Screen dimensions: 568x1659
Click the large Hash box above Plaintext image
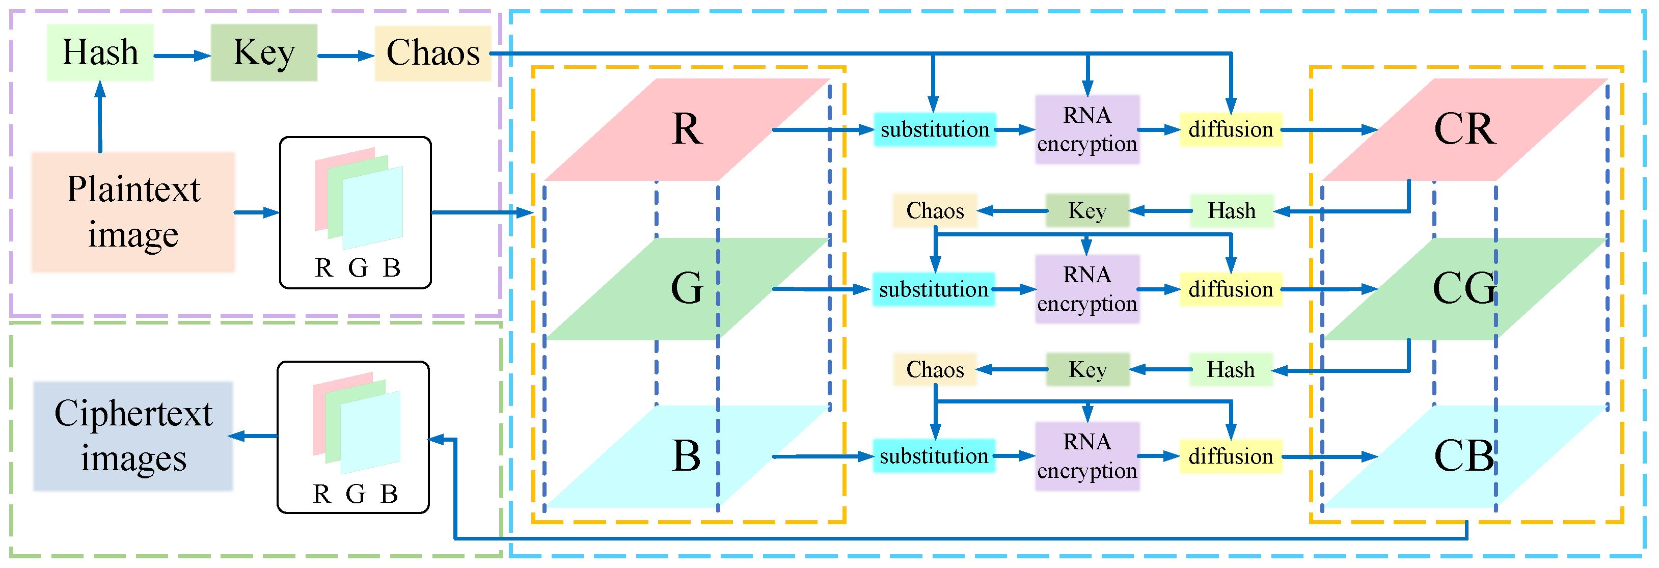[x=100, y=53]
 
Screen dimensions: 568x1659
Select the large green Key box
[x=263, y=53]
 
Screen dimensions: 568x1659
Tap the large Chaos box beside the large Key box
[x=433, y=53]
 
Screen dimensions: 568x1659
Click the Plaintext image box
[x=133, y=212]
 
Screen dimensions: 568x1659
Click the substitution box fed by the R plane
[x=935, y=129]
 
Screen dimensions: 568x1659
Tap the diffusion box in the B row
[x=1230, y=456]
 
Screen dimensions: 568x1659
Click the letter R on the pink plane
[x=687, y=129]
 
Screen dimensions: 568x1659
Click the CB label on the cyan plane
[x=1463, y=456]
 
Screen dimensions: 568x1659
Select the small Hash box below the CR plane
[x=1231, y=210]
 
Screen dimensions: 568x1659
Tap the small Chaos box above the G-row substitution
[x=935, y=210]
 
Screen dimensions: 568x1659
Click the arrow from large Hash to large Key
[x=182, y=56]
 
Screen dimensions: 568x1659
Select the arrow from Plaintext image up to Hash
[x=100, y=116]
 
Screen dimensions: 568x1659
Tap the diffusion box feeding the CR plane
[x=1230, y=129]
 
